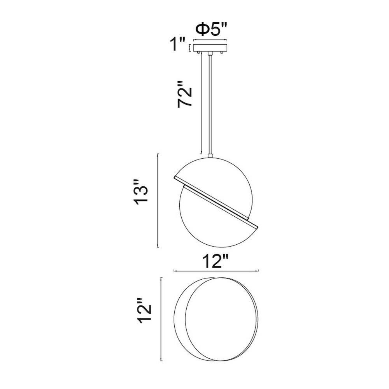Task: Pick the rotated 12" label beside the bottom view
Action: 144,310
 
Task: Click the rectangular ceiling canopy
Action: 210,48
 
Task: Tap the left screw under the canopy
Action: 198,53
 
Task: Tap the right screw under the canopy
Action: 222,53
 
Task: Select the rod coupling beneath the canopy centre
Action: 210,54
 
